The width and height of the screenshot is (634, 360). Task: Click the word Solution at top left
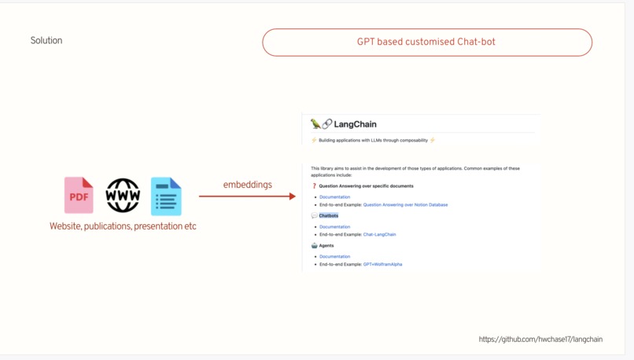coord(46,40)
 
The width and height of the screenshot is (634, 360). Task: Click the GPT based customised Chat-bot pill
coord(427,42)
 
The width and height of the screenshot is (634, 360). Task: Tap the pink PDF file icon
coord(79,195)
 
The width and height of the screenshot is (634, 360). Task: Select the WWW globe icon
coord(123,195)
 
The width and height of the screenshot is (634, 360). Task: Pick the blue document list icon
coord(166,197)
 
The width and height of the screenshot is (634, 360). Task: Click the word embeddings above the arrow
coord(248,185)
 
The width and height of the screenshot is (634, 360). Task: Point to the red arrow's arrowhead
coord(293,197)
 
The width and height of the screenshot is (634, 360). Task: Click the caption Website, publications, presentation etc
coord(123,226)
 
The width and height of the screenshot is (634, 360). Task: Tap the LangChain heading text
coord(355,124)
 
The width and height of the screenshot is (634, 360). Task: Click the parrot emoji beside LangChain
coord(315,123)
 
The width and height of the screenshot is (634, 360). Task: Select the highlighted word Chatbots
coord(329,215)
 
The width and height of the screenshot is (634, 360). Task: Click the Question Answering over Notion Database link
coord(405,205)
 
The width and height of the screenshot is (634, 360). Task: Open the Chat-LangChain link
coord(379,234)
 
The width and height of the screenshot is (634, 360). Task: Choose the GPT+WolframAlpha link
coord(382,264)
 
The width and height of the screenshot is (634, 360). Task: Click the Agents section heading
coord(326,246)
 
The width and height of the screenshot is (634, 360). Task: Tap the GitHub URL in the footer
coord(540,340)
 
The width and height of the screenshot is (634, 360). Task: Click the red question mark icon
coord(314,186)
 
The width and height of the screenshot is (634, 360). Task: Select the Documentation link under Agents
coord(335,256)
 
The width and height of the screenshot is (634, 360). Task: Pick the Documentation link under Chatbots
coord(335,227)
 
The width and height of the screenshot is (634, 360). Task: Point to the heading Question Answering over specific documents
coord(367,186)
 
